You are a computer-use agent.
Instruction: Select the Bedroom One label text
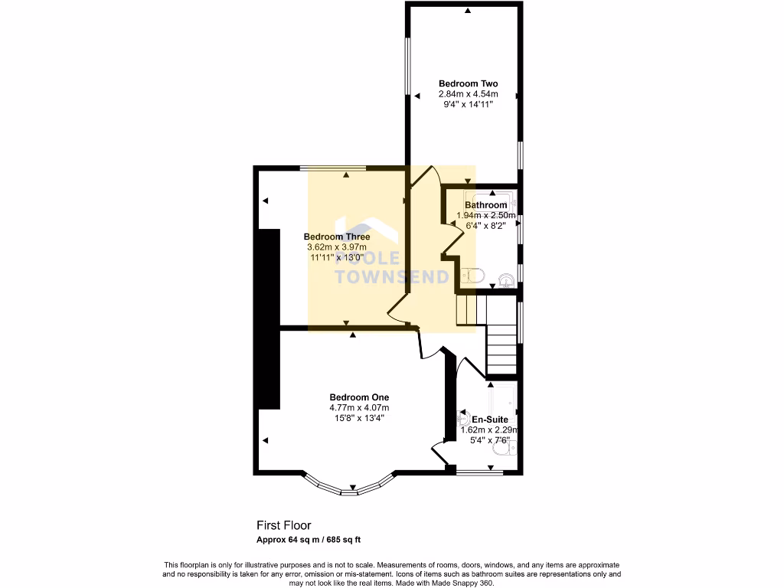359,397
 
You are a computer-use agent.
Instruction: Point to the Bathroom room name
485,205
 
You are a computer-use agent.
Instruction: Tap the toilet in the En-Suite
464,419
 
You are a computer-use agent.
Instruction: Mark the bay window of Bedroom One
351,487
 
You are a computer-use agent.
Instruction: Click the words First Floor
283,525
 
